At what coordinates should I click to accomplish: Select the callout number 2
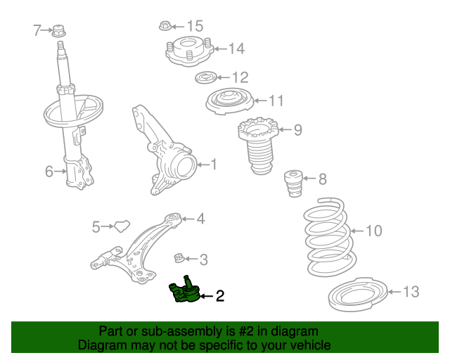[219, 297]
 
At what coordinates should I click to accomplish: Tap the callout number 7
[38, 30]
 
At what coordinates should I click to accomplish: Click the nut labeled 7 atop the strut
[60, 31]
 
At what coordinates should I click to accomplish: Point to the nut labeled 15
[164, 26]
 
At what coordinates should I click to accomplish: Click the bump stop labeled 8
[292, 185]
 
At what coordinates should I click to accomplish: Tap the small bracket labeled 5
[123, 226]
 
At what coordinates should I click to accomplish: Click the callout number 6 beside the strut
[49, 171]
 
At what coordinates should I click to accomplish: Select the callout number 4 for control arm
[200, 219]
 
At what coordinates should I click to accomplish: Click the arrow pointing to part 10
[356, 231]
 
